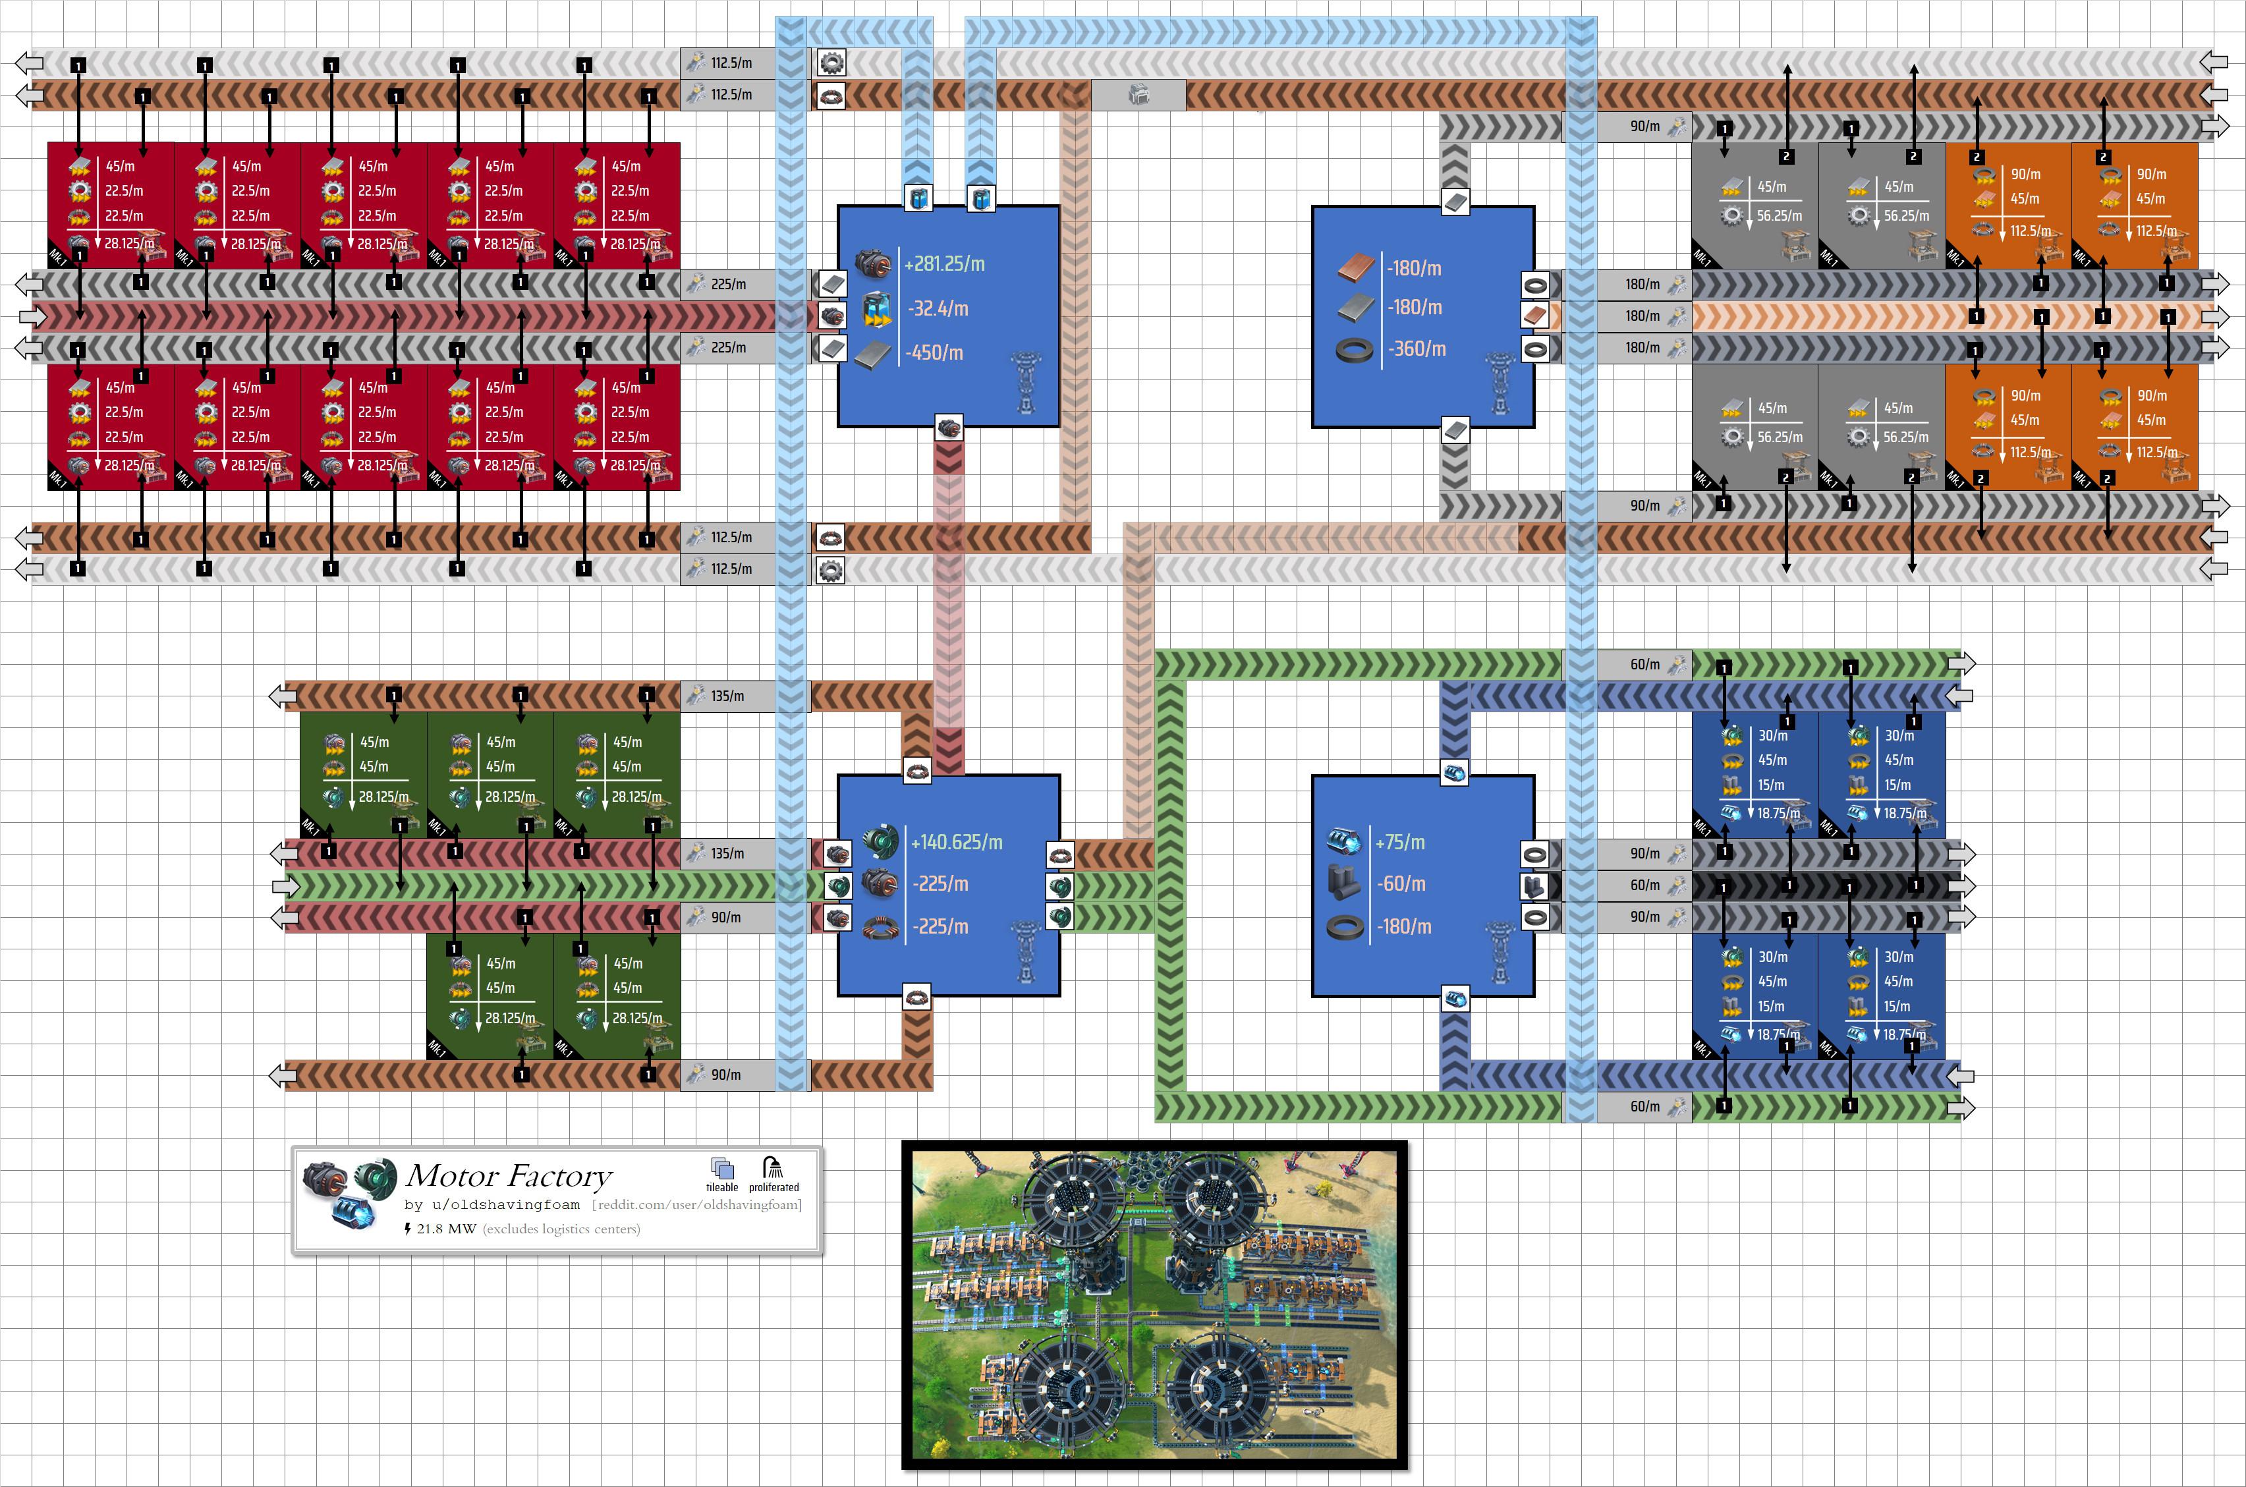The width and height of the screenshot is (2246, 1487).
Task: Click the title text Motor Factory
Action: click(x=509, y=1176)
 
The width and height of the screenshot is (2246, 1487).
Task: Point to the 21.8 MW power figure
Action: click(x=445, y=1229)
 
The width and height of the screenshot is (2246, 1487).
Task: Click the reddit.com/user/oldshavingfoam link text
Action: click(x=697, y=1204)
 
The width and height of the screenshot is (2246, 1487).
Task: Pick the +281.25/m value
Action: click(x=944, y=264)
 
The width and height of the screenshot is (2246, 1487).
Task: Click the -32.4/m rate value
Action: click(x=938, y=308)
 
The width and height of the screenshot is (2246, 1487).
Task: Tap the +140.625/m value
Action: click(x=956, y=842)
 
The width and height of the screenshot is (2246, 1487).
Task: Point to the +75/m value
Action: click(x=1399, y=842)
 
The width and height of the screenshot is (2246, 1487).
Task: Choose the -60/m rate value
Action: click(x=1401, y=884)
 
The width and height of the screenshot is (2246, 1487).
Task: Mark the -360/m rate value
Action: click(x=1417, y=349)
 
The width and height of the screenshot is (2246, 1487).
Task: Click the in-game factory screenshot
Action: click(x=1154, y=1305)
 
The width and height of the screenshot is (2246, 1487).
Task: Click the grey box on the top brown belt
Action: click(x=1138, y=95)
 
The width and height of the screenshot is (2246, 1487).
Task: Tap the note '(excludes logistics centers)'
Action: click(x=561, y=1229)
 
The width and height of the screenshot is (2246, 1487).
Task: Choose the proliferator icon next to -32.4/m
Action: click(x=877, y=309)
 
